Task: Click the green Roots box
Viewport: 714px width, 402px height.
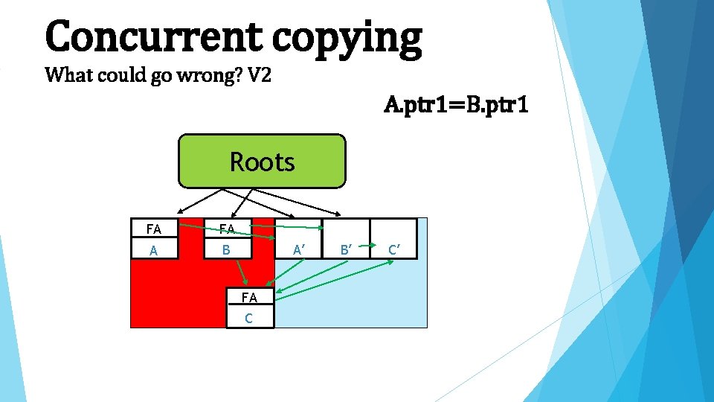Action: coord(262,161)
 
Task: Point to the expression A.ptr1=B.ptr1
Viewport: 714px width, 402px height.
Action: coord(456,105)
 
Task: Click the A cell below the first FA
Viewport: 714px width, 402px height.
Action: coord(154,250)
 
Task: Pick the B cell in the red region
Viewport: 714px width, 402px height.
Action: coord(227,249)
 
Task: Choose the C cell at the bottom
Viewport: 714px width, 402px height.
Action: coord(249,318)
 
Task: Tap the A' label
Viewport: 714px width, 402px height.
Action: coord(298,249)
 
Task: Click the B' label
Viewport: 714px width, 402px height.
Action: coord(345,249)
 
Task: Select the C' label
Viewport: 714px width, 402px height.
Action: coord(393,249)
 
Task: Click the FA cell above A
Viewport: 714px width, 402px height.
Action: coord(154,229)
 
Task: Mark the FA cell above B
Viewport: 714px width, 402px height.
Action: coord(227,229)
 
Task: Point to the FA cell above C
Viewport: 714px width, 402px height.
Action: coord(249,298)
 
